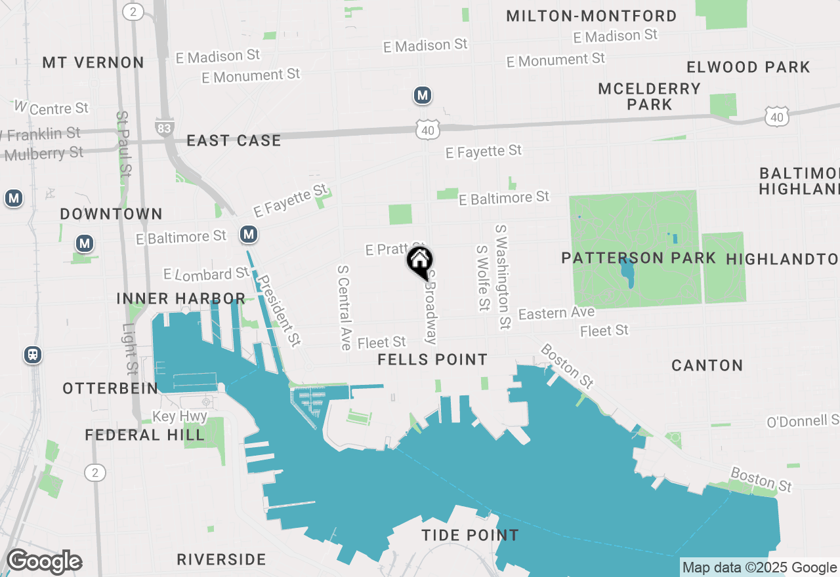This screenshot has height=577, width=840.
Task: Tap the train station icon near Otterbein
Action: [x=32, y=355]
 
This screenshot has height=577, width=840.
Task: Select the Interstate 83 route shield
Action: [x=164, y=127]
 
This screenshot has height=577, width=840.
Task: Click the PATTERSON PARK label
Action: [x=638, y=258]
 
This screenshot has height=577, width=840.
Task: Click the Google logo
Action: [x=44, y=562]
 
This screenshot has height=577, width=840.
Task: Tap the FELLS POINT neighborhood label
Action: [x=432, y=359]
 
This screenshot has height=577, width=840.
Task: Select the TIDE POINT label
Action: [x=470, y=535]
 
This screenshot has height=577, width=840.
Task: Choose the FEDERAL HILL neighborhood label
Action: [x=144, y=435]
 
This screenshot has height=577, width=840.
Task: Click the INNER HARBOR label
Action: [x=180, y=299]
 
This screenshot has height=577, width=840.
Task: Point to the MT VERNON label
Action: [x=93, y=62]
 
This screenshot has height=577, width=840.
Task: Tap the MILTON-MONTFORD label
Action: [x=591, y=16]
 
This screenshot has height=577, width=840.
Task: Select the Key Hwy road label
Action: [x=180, y=416]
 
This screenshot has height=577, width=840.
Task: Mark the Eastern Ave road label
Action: [x=556, y=313]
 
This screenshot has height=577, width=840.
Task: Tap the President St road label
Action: [x=279, y=309]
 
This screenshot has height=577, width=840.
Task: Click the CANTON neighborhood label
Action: [x=707, y=365]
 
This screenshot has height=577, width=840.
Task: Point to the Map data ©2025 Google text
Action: [x=759, y=568]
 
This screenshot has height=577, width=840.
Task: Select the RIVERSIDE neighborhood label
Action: [x=221, y=559]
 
